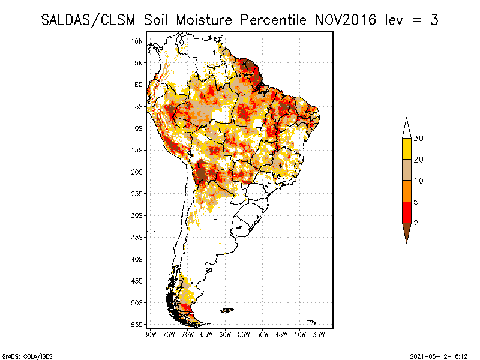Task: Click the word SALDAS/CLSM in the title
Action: (90, 20)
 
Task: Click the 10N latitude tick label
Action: (138, 41)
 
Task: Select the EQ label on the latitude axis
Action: (139, 85)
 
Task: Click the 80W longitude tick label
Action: (150, 334)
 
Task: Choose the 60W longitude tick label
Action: (225, 334)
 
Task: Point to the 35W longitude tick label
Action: (319, 334)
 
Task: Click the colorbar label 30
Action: (419, 139)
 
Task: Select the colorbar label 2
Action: (415, 223)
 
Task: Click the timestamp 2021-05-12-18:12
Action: (439, 355)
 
